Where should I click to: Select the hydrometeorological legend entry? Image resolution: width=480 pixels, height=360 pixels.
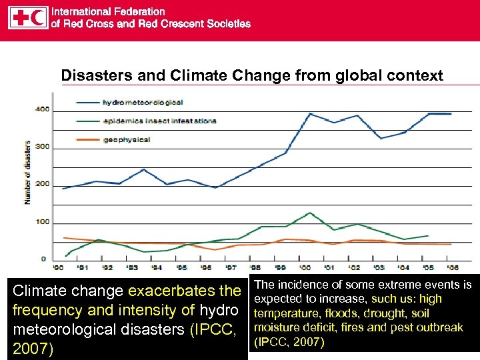[x=143, y=102]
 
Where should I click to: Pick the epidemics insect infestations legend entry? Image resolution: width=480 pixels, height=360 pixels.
[x=159, y=121]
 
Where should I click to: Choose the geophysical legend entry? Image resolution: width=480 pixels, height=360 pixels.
[x=126, y=139]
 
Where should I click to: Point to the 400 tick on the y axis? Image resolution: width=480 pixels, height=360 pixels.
[x=42, y=109]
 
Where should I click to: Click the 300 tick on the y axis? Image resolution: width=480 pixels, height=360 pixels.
[x=42, y=147]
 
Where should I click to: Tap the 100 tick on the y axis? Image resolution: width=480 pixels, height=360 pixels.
[x=42, y=222]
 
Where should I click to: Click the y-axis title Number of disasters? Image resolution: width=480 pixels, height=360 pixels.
[x=28, y=172]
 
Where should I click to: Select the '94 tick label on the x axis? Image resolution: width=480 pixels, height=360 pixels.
[x=156, y=267]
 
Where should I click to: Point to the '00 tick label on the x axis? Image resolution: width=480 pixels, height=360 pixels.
[x=304, y=267]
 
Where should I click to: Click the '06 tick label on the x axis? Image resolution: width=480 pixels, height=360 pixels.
[x=451, y=267]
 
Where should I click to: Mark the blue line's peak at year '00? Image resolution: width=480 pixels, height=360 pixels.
[x=309, y=113]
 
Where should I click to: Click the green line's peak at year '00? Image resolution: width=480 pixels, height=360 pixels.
[x=309, y=213]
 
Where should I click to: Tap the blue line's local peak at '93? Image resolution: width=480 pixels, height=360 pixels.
[x=143, y=169]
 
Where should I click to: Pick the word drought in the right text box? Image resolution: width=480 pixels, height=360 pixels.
[x=387, y=313]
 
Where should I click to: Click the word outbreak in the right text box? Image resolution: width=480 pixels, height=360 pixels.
[x=437, y=328]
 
